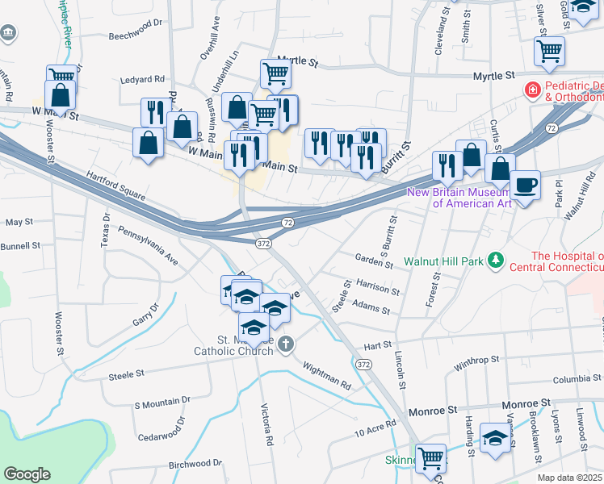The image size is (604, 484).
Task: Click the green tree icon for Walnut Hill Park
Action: (x=499, y=261)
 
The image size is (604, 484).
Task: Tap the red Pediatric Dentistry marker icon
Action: (x=533, y=90)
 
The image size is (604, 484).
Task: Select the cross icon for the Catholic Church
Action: (x=284, y=344)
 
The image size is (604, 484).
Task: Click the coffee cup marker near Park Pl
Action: (x=525, y=185)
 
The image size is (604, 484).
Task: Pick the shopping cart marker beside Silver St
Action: (x=549, y=51)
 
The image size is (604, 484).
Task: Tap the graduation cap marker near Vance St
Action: (x=494, y=438)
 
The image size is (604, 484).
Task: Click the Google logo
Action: (x=27, y=474)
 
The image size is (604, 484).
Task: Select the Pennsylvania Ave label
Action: (x=148, y=244)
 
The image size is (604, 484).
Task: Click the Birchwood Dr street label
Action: (x=195, y=464)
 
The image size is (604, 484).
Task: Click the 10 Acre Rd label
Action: (x=375, y=428)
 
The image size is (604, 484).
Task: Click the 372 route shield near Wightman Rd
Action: (x=364, y=365)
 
